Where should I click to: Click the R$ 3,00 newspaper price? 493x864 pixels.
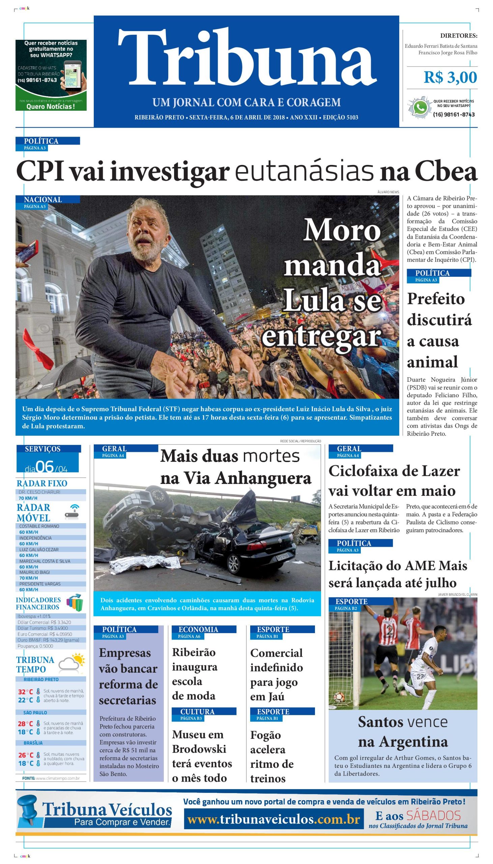[x=450, y=78]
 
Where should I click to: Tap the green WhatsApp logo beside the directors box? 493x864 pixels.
[x=420, y=108]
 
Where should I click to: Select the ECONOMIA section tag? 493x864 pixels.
[x=198, y=629]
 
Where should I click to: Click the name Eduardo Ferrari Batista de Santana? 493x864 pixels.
[x=441, y=46]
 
